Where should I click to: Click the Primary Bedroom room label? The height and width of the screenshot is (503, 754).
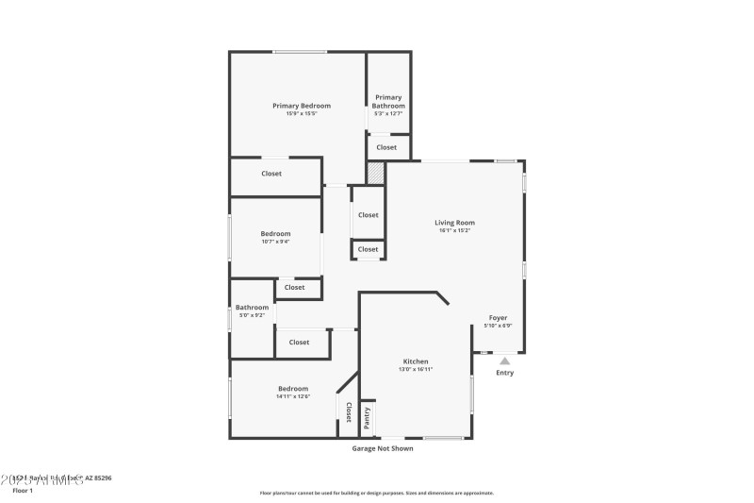pos(302,106)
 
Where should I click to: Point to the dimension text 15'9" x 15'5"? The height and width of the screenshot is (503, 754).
pos(302,114)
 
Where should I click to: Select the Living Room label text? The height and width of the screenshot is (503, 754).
pos(454,223)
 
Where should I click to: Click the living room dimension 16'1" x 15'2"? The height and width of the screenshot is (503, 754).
pos(454,230)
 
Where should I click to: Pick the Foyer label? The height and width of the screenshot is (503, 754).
pos(498,318)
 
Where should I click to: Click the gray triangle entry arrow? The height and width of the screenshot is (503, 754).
pos(505,360)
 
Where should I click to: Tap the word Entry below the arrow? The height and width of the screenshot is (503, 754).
pos(505,373)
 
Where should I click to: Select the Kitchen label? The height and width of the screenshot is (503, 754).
pos(416,361)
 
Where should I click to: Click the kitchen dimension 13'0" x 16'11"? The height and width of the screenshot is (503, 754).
pos(416,369)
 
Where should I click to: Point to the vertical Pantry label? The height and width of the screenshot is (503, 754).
pos(368,417)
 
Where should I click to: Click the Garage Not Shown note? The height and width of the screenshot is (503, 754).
pos(383,448)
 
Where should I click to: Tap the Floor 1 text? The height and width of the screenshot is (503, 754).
pos(23,490)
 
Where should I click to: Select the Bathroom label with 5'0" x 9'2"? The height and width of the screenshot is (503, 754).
pos(252,307)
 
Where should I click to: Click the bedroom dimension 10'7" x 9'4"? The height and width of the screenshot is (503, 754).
pos(275,242)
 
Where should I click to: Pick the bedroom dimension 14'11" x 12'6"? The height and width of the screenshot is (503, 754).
pos(292,396)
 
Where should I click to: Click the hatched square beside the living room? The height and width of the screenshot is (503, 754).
pos(376,173)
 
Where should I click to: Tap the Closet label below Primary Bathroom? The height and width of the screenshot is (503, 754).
pos(386,147)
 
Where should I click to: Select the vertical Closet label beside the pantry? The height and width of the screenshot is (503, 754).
pos(348,411)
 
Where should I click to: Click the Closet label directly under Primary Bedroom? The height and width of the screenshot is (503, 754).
pos(271,174)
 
